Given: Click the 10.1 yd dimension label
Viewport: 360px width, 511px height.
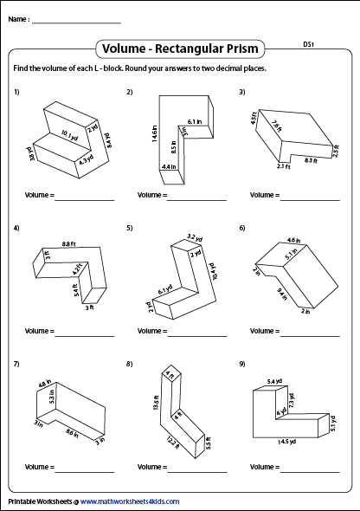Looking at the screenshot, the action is (70, 136).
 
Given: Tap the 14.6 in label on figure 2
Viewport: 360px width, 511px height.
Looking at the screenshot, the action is (155, 133).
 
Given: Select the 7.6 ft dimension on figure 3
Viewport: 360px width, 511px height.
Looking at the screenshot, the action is (277, 126).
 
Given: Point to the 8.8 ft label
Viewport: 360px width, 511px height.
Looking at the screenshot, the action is (69, 243).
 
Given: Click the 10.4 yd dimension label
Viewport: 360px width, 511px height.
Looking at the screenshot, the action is (214, 271).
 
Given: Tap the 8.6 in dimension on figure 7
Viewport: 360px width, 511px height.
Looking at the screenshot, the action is (72, 433).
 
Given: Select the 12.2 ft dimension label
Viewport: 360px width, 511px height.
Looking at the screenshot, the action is (172, 443).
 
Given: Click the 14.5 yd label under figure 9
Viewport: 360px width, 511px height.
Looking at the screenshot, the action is (286, 442).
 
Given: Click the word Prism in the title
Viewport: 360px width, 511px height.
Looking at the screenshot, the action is (239, 49).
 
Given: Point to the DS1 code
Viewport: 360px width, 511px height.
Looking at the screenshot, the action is (308, 44).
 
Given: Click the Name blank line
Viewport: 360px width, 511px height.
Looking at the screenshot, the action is (76, 23).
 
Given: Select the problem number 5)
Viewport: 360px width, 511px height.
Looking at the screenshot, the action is (130, 228).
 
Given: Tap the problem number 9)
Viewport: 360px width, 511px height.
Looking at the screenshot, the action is (242, 364).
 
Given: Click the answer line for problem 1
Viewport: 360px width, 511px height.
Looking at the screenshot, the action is (85, 200).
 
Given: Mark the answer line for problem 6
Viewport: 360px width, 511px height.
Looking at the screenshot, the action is (310, 336).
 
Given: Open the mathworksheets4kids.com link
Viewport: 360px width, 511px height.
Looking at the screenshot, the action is (130, 501).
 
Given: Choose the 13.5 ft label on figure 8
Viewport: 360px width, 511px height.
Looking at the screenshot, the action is (157, 403).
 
